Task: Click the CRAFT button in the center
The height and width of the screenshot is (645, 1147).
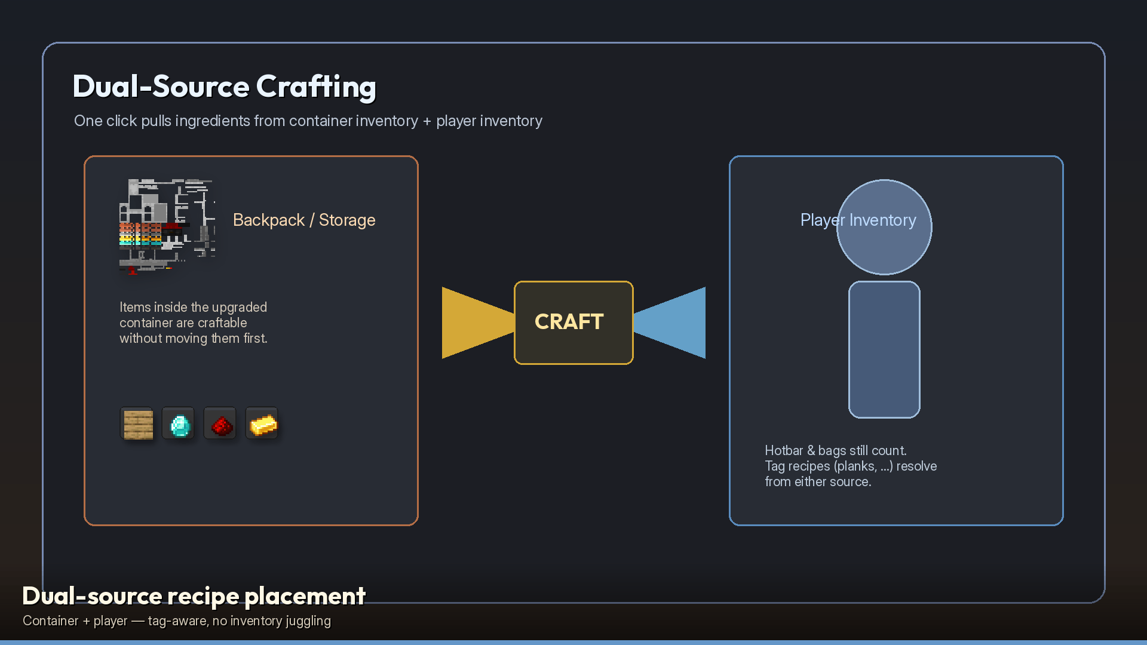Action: click(x=573, y=322)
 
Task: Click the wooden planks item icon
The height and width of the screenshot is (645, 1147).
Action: click(x=137, y=424)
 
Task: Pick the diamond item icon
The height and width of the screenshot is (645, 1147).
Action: click(x=179, y=424)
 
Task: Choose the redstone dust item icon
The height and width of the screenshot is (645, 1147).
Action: click(x=220, y=424)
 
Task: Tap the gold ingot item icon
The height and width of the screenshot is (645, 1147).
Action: click(x=262, y=424)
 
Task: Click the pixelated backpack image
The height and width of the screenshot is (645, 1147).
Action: click(x=167, y=226)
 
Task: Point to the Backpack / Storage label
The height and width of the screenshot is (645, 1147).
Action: click(x=304, y=220)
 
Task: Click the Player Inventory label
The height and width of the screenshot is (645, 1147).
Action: click(x=858, y=220)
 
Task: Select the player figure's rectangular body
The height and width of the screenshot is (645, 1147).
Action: click(x=884, y=349)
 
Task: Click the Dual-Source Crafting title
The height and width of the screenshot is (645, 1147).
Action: click(x=225, y=87)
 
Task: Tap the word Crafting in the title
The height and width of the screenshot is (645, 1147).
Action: click(x=317, y=87)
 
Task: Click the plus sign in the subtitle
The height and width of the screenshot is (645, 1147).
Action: click(x=427, y=121)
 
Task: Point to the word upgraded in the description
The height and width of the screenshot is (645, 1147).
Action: click(x=238, y=308)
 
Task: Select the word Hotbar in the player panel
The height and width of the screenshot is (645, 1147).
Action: click(x=784, y=451)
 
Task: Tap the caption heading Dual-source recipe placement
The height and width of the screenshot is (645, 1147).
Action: click(x=194, y=596)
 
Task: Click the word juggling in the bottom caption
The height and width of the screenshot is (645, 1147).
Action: click(x=308, y=622)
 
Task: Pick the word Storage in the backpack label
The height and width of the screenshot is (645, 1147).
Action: click(x=347, y=220)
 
